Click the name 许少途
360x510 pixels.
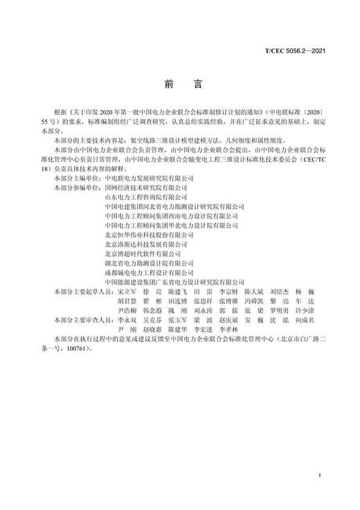coord(305,311)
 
